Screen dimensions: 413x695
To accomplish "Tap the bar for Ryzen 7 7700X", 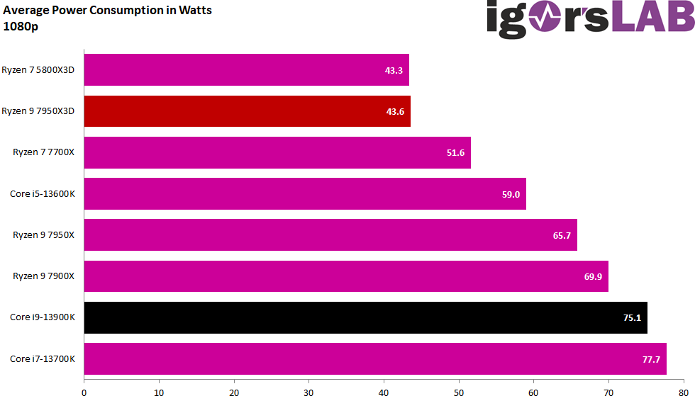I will pyautogui.click(x=277, y=152).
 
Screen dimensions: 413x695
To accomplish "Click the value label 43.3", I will pyautogui.click(x=394, y=70).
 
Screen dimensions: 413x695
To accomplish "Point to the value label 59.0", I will pyautogui.click(x=511, y=194).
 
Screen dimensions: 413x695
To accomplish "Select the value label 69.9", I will pyautogui.click(x=593, y=276).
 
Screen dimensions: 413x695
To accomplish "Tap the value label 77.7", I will pyautogui.click(x=651, y=359).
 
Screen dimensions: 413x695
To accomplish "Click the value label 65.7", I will pyautogui.click(x=562, y=235).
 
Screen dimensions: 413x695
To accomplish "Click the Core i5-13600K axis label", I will pyautogui.click(x=42, y=194).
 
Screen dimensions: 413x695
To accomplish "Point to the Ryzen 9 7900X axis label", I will pyautogui.click(x=43, y=276).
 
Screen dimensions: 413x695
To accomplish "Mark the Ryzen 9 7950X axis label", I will pyautogui.click(x=43, y=235).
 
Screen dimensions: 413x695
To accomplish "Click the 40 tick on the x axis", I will pyautogui.click(x=384, y=392).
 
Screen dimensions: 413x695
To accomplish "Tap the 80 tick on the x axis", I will pyautogui.click(x=683, y=392).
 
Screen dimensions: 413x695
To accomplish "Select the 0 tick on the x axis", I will pyautogui.click(x=84, y=392).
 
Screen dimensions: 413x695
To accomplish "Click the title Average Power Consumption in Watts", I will pyautogui.click(x=108, y=11).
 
